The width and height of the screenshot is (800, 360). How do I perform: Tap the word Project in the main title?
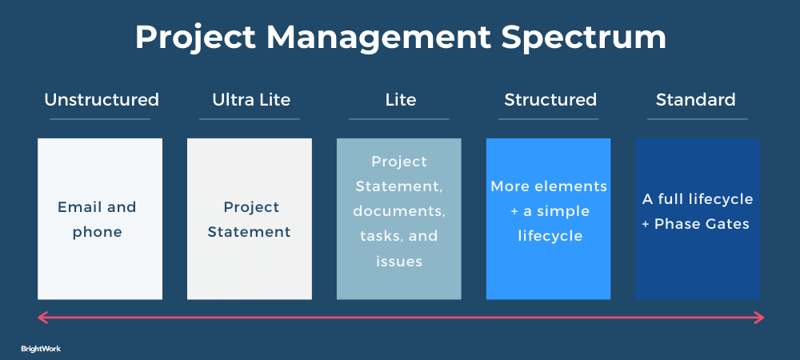tap(195, 38)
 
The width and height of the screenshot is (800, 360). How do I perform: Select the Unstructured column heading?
tap(102, 99)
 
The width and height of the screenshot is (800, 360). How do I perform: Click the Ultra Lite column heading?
tap(251, 99)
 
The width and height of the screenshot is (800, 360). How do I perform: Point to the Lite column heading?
tap(401, 99)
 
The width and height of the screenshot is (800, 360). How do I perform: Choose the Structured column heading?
tap(550, 99)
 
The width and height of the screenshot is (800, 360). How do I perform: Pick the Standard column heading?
tap(695, 99)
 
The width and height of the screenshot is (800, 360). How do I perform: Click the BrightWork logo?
tap(41, 349)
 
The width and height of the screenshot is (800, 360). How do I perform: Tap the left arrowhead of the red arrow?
tap(42, 318)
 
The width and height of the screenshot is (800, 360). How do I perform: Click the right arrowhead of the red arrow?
tap(759, 318)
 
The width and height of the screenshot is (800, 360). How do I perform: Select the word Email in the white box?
tap(75, 207)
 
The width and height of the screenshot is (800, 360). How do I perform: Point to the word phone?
tap(97, 233)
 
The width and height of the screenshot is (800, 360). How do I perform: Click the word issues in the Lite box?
tap(399, 262)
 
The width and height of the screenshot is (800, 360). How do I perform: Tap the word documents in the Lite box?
tap(399, 211)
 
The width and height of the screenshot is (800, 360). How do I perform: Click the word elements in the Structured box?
tap(571, 186)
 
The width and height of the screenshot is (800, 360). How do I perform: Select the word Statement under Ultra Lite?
tap(249, 232)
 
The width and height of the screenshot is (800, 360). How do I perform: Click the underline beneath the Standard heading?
tap(698, 119)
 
